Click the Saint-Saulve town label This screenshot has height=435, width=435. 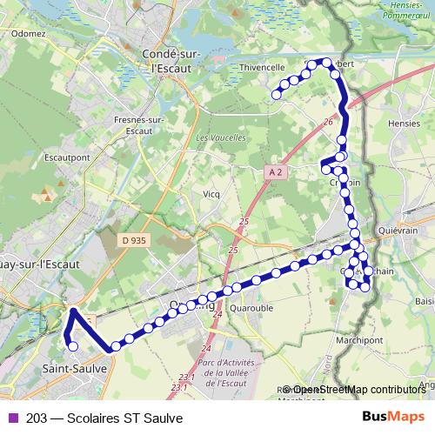(x=74, y=369)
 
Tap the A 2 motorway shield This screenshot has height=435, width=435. (x=276, y=172)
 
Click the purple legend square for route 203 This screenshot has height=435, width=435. (x=11, y=418)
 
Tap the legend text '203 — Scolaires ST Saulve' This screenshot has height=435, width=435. (x=104, y=418)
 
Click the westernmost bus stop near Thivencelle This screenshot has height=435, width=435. (x=278, y=95)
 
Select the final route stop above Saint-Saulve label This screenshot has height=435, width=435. (x=72, y=346)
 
